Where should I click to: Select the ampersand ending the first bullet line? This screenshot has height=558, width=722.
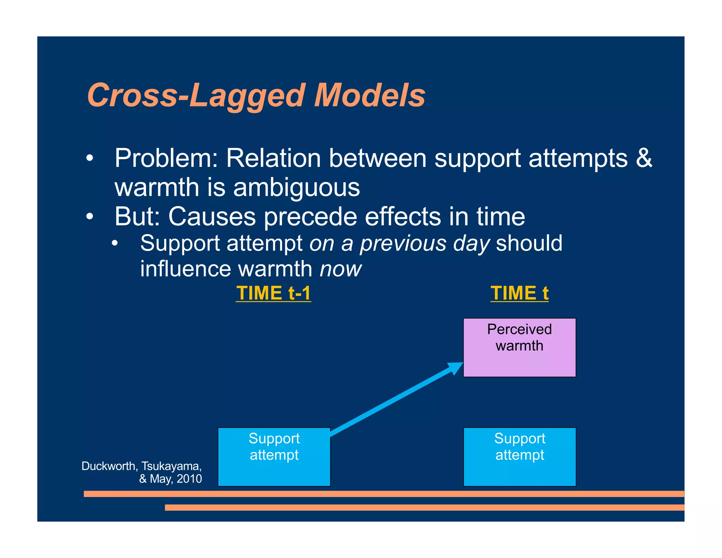[x=644, y=158]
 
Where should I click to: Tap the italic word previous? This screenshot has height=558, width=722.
[x=403, y=244]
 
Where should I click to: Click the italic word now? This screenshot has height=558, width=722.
[x=340, y=269]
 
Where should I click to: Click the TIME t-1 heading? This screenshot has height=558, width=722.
[x=274, y=293]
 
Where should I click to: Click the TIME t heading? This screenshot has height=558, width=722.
[x=519, y=293]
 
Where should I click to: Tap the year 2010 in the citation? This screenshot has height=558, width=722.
[x=189, y=479]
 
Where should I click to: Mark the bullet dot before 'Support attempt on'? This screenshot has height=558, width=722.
[x=115, y=244]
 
